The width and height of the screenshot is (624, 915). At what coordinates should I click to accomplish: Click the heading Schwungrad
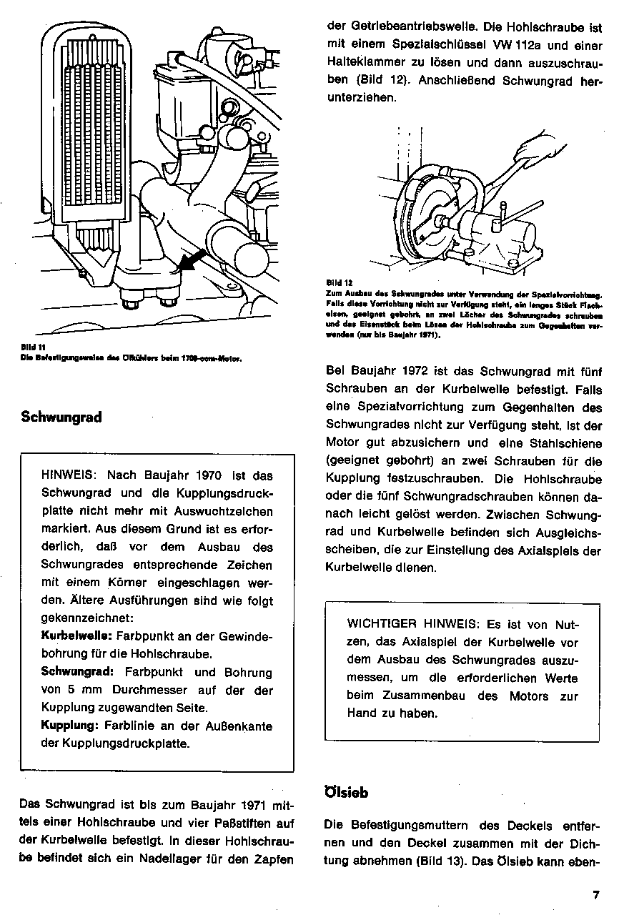point(61,417)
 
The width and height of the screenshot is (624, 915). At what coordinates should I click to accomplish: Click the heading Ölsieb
point(347,792)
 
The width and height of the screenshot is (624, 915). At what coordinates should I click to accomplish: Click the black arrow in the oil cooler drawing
point(188,260)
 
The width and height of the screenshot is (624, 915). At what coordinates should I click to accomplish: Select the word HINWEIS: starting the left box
point(73,475)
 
